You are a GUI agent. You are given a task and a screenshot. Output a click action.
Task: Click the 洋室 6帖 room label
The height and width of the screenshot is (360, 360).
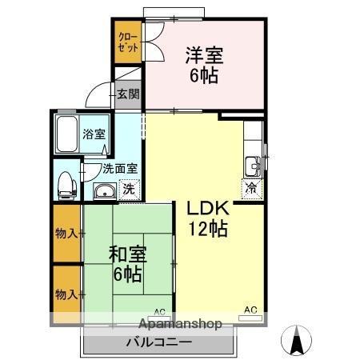(x=205, y=66)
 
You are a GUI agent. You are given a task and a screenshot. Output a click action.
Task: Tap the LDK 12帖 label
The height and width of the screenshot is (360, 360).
(x=208, y=218)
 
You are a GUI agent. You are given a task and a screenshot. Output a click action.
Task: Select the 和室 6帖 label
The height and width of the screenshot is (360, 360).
(x=126, y=265)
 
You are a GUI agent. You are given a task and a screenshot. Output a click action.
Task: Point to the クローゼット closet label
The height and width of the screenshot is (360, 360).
(x=129, y=42)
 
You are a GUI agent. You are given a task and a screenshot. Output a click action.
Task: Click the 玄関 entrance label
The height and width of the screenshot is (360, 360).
(x=128, y=94)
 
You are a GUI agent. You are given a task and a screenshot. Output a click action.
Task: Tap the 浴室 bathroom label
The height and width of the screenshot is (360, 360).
(x=94, y=134)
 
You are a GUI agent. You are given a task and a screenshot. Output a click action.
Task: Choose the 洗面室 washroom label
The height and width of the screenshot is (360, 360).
(x=119, y=169)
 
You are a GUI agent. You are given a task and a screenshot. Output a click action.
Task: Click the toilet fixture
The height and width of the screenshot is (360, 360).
(x=66, y=185)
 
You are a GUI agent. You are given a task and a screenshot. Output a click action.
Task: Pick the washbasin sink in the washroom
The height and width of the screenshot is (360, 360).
(x=103, y=190)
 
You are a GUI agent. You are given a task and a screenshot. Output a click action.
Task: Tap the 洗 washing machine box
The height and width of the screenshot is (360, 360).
(x=127, y=190)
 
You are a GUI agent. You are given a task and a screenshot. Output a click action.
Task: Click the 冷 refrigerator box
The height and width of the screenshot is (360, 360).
(x=252, y=189)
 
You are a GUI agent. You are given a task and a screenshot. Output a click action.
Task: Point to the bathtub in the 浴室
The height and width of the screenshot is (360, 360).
(x=67, y=134)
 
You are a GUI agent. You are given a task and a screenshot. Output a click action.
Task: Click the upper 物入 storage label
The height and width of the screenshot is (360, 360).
(x=66, y=233)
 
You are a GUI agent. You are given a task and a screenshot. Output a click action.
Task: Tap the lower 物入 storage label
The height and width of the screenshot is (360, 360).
(x=66, y=294)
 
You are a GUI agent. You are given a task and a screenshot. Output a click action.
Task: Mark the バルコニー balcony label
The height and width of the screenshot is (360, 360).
(x=158, y=342)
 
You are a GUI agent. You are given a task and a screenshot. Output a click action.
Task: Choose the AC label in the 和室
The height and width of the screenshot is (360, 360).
(x=158, y=311)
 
